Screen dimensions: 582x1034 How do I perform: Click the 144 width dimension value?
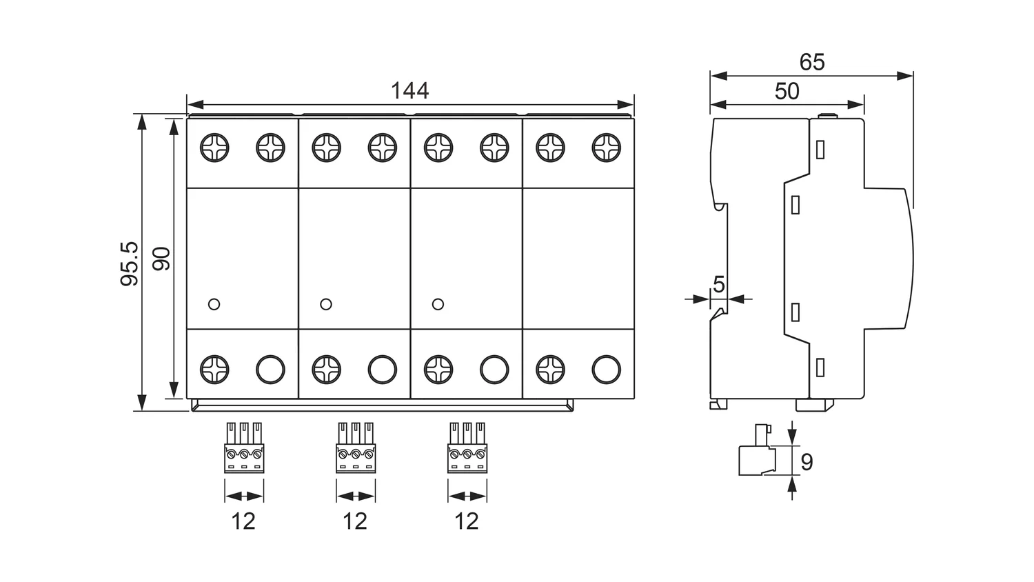409,91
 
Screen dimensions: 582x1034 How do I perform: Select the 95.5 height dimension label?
130,263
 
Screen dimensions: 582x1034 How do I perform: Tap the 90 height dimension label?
161,259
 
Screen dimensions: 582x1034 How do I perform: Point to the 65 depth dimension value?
812,62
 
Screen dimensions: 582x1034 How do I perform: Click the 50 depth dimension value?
787,91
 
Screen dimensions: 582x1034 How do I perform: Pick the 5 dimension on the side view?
719,284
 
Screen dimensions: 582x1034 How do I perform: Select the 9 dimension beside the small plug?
807,461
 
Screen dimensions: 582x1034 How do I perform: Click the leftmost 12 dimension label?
243,521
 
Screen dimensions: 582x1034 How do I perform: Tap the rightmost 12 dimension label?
467,521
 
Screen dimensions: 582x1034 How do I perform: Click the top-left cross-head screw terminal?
214,148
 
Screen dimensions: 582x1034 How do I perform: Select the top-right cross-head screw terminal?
606,148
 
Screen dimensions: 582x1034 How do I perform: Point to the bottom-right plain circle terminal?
606,370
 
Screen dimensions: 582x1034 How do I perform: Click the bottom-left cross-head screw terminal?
214,370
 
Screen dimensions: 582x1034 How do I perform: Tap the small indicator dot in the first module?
214,304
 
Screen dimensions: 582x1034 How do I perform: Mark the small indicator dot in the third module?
438,304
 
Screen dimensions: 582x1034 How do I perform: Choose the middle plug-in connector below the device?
356,448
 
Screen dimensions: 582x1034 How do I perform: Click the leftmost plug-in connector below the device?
244,448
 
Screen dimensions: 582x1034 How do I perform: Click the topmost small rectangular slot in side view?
820,149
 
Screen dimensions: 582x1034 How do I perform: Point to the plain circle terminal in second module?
382,370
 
